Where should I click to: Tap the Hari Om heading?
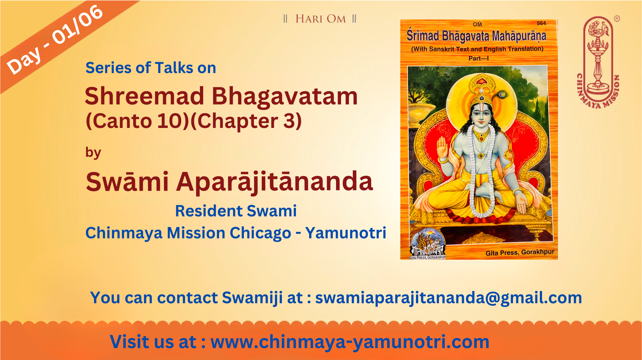pos(320,19)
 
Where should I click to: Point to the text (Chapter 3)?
pos(246,121)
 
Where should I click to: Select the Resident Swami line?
pos(236,211)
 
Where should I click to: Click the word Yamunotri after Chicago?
pos(346,233)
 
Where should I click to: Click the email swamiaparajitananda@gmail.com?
pos(449,298)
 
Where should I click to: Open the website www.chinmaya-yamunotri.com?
pos(350,342)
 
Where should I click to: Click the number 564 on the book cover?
pos(541,23)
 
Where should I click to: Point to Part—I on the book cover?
pos(478,58)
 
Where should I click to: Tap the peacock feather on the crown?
pos(502,94)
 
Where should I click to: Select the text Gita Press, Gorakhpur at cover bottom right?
pos(520,252)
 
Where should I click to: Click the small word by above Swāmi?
pos(93,153)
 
